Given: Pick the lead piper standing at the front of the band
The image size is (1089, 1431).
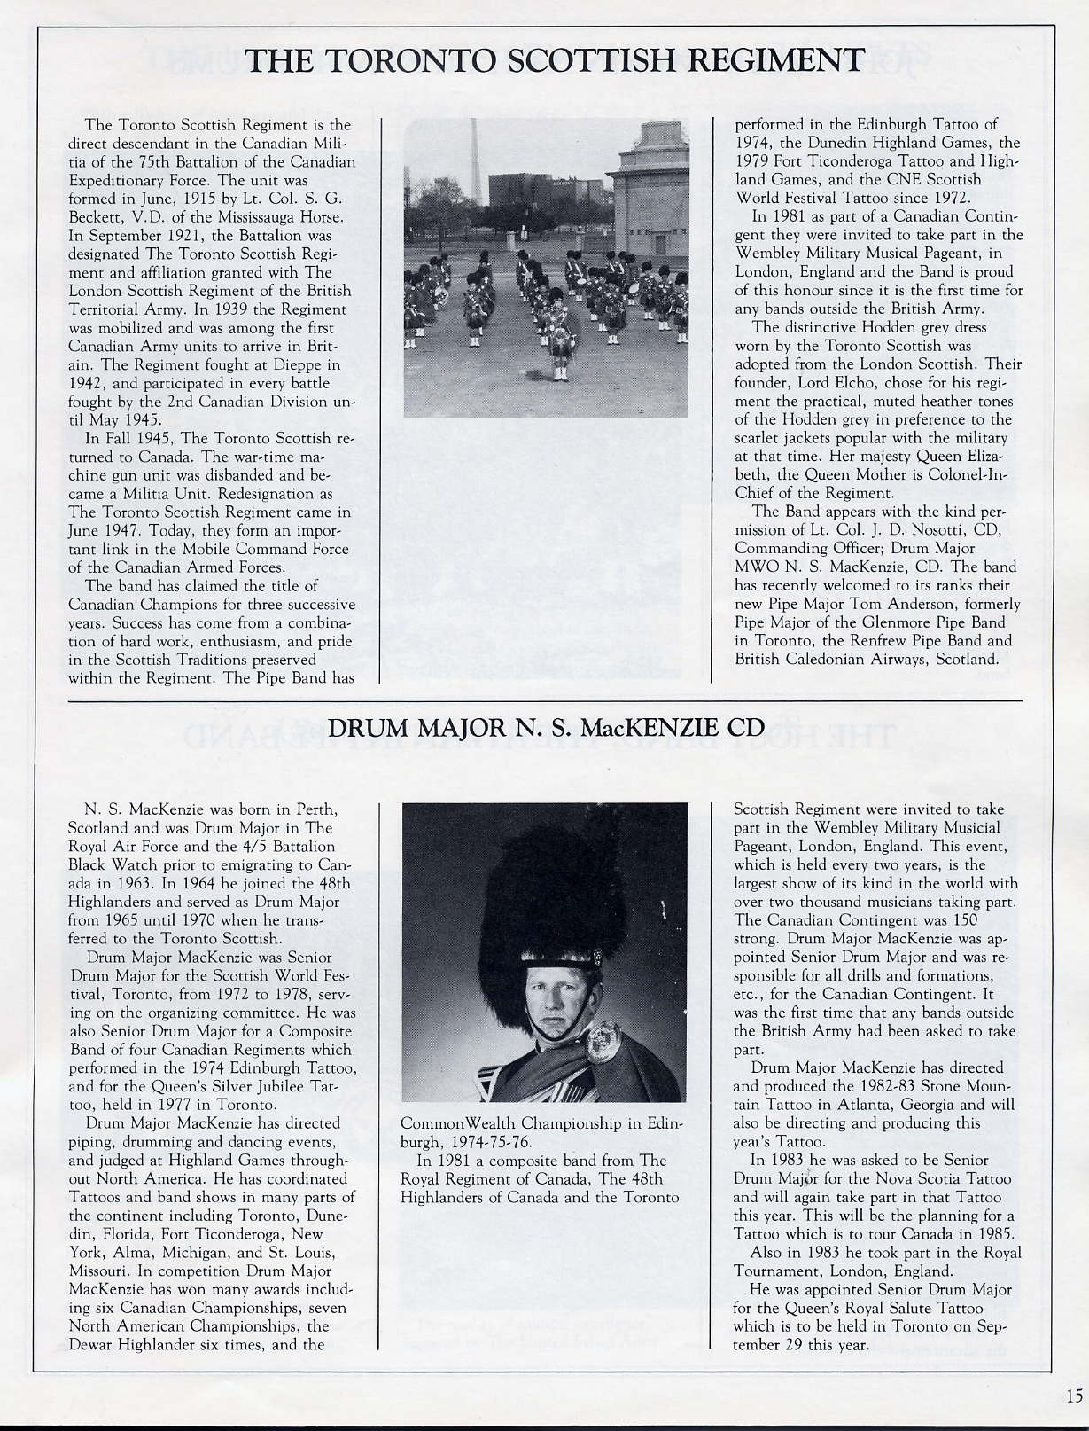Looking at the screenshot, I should [558, 337].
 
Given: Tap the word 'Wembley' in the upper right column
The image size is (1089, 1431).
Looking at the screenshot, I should [763, 254].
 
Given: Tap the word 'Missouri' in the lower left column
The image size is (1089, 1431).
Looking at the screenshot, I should [97, 1271].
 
